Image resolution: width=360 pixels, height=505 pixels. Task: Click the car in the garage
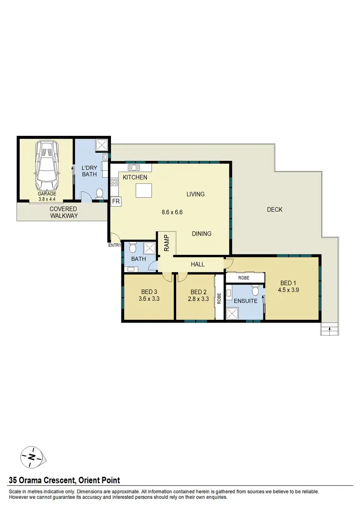point(46,166)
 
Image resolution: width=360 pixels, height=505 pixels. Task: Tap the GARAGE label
point(47,194)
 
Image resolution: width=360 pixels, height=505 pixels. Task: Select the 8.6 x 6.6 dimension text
point(173,212)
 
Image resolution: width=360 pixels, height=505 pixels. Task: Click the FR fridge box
point(116,202)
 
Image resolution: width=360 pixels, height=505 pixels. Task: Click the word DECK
point(275,210)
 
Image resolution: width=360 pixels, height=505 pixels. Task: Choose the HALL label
point(197,265)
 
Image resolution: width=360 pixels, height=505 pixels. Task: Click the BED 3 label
point(149,292)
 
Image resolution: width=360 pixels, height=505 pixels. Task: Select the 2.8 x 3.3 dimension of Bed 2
point(198,299)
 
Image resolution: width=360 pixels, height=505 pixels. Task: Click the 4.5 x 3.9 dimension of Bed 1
point(288,289)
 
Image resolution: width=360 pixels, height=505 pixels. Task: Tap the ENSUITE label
point(245,301)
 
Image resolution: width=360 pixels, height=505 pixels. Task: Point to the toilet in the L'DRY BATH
point(99,193)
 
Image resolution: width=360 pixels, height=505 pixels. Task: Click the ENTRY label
point(114,245)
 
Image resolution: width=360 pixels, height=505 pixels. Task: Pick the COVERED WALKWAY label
point(63,212)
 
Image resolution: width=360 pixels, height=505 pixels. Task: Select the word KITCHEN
point(135,178)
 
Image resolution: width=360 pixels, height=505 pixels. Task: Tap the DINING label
point(202,234)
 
